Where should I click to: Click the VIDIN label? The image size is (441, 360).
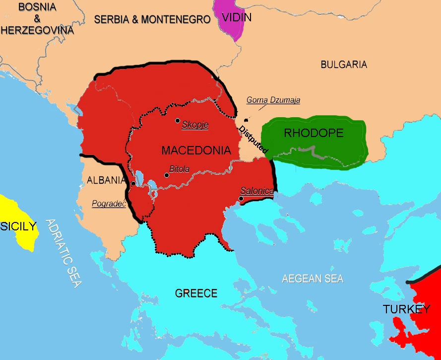(237, 18)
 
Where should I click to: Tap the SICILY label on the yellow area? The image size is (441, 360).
(18, 226)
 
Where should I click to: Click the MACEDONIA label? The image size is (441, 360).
(196, 150)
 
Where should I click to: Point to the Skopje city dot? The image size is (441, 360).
(177, 121)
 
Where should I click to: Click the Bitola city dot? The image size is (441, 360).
(165, 174)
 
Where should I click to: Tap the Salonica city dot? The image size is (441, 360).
(241, 199)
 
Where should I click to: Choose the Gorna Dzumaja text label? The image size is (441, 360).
(273, 100)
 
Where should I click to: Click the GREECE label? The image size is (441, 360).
(196, 293)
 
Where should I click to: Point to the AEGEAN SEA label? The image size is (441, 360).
(313, 279)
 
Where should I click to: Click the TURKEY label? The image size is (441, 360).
(406, 309)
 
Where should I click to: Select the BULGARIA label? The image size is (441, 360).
(344, 65)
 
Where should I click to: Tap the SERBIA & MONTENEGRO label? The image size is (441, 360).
(152, 20)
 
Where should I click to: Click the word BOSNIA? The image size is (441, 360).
(37, 7)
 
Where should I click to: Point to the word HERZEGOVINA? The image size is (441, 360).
(37, 30)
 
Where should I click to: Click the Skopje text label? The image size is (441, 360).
(195, 125)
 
